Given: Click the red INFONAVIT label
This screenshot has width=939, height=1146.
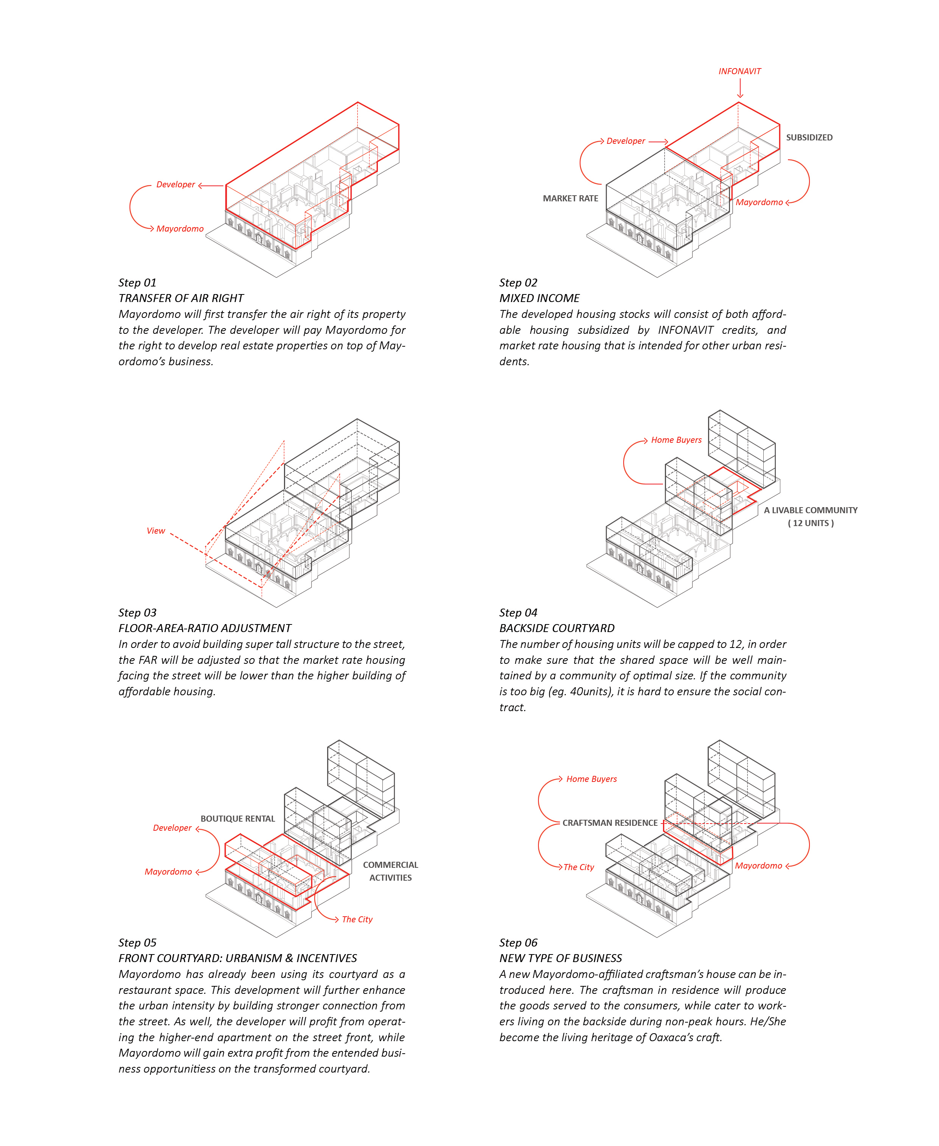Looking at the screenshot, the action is click(x=739, y=72).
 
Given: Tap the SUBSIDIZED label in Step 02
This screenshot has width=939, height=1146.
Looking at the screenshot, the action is click(x=809, y=138).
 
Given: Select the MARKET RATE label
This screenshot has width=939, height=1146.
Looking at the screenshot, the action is click(x=570, y=198).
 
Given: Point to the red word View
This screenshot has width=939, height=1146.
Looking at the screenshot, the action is click(x=156, y=531).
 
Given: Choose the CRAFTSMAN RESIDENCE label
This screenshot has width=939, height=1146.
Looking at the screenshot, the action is click(x=610, y=823).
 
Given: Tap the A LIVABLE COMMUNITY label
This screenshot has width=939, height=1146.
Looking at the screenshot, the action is click(x=810, y=510).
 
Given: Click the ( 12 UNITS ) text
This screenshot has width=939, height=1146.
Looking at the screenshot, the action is click(x=810, y=523).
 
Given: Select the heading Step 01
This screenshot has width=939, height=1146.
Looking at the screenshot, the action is click(x=137, y=283).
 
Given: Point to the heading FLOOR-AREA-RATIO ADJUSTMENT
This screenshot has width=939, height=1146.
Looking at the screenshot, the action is click(x=204, y=628).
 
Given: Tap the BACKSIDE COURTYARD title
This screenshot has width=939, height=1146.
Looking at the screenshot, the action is click(x=557, y=628).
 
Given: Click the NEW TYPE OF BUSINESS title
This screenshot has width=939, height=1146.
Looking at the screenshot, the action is click(x=560, y=958).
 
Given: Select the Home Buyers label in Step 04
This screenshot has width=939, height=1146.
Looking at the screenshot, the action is click(x=676, y=440).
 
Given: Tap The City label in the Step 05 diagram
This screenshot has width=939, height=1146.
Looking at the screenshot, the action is click(x=357, y=920).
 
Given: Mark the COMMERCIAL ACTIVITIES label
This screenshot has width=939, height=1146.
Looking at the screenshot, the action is click(x=390, y=871).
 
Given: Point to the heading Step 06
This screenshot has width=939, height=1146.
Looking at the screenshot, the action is click(x=518, y=943).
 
